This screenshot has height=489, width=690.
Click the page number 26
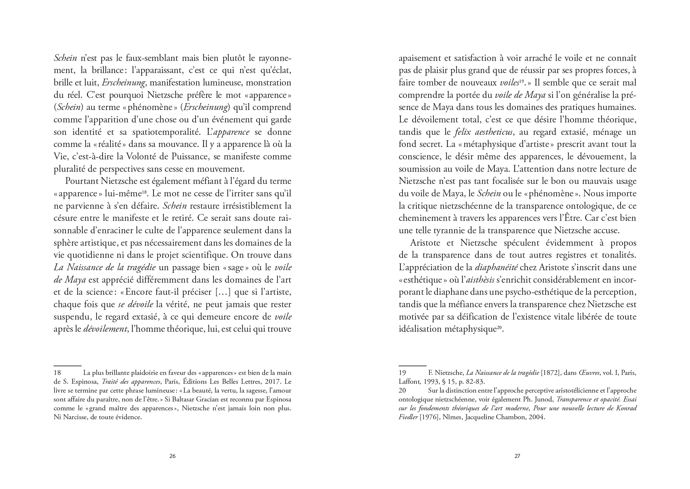click(172, 456)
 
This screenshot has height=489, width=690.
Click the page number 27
click(517, 456)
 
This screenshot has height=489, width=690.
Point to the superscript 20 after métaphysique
click(499, 327)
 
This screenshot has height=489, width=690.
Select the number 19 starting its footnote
click(402, 373)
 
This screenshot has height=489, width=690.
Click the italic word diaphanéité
click(496, 267)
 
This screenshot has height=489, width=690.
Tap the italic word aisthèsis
click(480, 280)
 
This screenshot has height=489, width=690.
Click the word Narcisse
click(75, 417)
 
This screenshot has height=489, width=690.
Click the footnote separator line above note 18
click(67, 366)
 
